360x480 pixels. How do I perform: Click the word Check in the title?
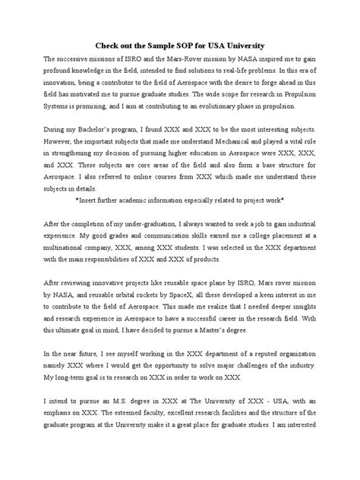[111, 44]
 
